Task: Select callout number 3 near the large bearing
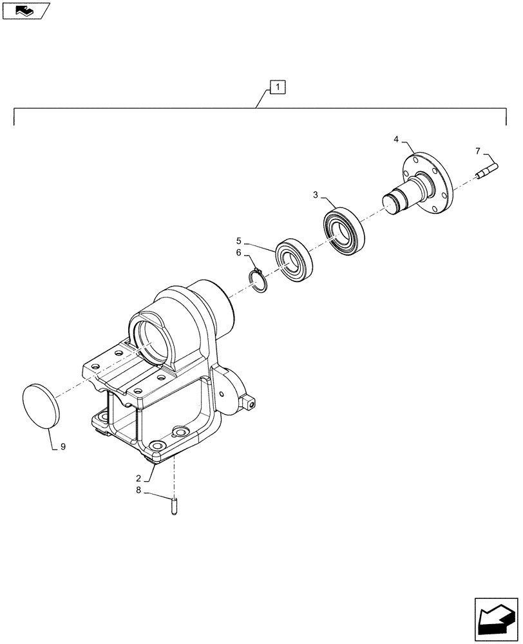316,194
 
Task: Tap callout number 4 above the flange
396,138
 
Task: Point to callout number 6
238,254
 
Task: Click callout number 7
477,151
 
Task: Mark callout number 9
62,446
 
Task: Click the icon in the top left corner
24,10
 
